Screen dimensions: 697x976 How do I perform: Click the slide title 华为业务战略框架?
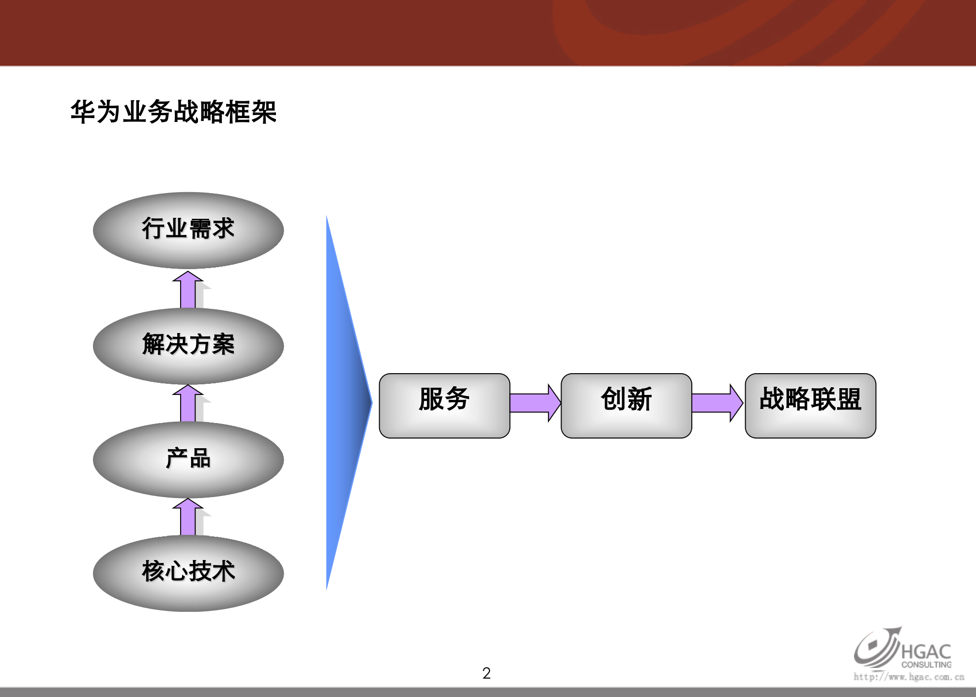click(173, 112)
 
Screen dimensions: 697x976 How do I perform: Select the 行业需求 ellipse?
click(188, 230)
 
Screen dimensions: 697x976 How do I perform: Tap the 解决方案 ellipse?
click(188, 346)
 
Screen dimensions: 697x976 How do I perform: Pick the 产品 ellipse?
click(188, 459)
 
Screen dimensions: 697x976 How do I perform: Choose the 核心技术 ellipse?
click(188, 573)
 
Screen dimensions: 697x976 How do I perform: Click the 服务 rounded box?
click(444, 405)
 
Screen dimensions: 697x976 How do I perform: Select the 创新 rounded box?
click(626, 405)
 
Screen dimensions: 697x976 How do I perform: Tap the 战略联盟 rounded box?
click(810, 405)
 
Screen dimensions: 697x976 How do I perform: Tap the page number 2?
click(487, 673)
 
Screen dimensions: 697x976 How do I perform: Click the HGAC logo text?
click(926, 651)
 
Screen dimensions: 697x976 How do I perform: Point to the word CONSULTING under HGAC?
click(926, 665)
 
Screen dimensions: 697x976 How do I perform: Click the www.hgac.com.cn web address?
click(909, 677)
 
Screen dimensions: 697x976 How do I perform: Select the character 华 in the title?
click(83, 112)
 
